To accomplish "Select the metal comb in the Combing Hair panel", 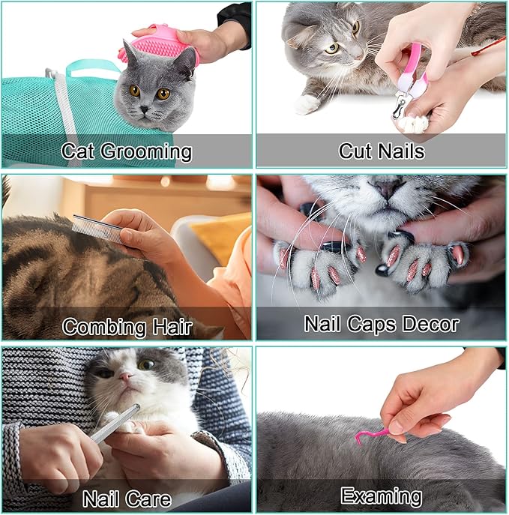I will coord(97,228).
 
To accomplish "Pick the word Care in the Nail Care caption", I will coord(145,499).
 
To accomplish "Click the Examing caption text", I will coord(381,496).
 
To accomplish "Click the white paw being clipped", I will coord(413,122).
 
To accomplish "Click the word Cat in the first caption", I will coord(78,152).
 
